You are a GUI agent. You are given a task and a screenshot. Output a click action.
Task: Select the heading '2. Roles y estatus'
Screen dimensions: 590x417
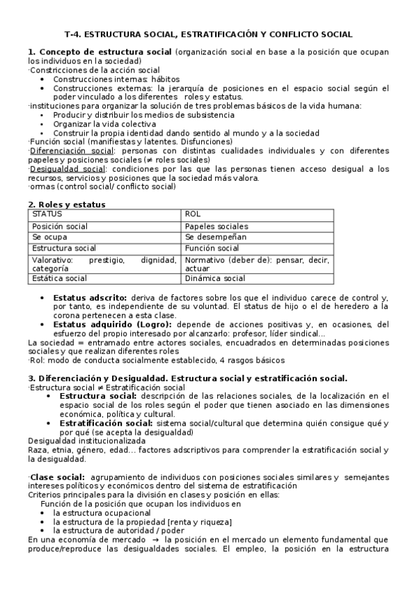point(66,204)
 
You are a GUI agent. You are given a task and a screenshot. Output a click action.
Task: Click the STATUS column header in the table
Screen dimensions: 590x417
point(47,214)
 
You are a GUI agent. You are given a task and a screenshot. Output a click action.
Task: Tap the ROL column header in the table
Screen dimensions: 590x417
point(193,214)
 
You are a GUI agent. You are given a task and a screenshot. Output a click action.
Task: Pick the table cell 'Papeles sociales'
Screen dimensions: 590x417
point(216,226)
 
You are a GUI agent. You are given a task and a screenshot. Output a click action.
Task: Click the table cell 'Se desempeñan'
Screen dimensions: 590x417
point(214,237)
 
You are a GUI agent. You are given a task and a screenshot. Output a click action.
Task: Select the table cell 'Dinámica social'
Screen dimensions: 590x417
point(215,278)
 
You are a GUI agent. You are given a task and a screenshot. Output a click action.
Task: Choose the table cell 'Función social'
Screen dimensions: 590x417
point(212,248)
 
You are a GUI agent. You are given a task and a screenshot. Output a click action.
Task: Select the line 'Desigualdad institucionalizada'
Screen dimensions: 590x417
point(86,440)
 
